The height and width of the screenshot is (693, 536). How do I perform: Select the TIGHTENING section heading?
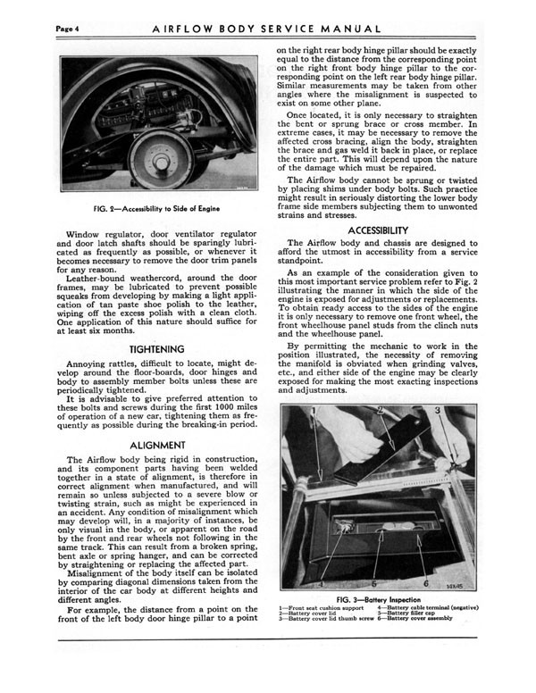click(x=157, y=348)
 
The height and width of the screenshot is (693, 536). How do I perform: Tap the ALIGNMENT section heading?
click(x=157, y=444)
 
